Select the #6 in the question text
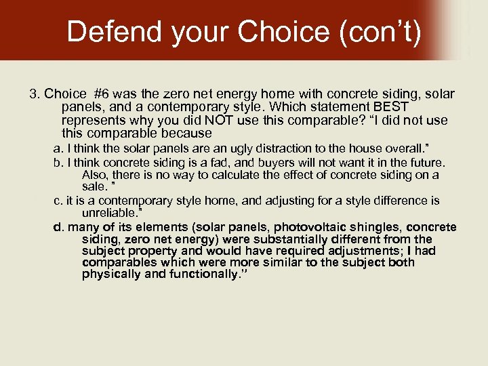[102, 94]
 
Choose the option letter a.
[57, 148]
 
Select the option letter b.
[57, 163]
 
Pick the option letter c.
[57, 201]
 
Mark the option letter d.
[58, 227]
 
